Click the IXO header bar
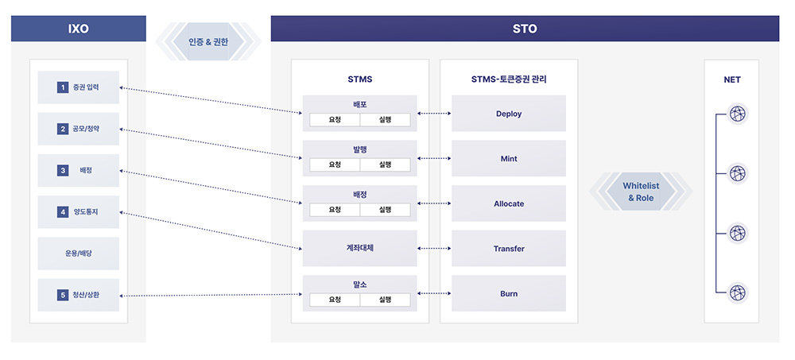(78, 29)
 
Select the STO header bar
(525, 29)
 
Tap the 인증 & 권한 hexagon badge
(208, 42)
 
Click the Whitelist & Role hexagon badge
(641, 192)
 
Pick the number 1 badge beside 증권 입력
(62, 87)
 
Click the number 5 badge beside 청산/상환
(62, 295)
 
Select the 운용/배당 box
(78, 254)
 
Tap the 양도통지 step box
(78, 212)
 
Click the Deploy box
(509, 114)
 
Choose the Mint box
(509, 158)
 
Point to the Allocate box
(509, 203)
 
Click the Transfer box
(509, 249)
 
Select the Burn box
(509, 293)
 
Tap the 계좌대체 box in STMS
(359, 248)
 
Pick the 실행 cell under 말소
(386, 300)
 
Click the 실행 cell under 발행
(386, 165)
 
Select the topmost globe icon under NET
(738, 114)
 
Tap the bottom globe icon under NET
(738, 292)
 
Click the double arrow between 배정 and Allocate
(434, 203)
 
